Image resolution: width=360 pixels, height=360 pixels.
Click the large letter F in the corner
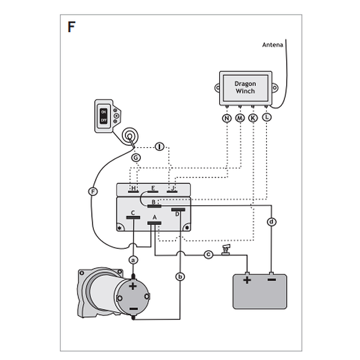pyautogui.click(x=71, y=27)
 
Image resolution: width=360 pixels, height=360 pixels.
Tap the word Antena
pyautogui.click(x=272, y=45)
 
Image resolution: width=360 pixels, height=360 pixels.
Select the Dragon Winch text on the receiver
pyautogui.click(x=245, y=88)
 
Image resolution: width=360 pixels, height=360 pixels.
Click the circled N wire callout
pyautogui.click(x=227, y=118)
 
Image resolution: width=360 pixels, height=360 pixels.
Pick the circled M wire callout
pyautogui.click(x=240, y=118)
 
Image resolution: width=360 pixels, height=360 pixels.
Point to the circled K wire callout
pyautogui.click(x=253, y=118)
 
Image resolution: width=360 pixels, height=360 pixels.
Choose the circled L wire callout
pyautogui.click(x=266, y=117)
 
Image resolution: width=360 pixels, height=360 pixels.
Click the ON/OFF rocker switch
pyautogui.click(x=104, y=116)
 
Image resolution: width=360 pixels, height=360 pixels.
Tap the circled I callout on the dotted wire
pyautogui.click(x=160, y=146)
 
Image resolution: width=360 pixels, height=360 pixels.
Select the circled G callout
pyautogui.click(x=136, y=158)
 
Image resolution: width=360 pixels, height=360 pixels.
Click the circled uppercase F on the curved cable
pyautogui.click(x=93, y=191)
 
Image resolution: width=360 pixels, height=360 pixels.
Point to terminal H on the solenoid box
pyautogui.click(x=133, y=189)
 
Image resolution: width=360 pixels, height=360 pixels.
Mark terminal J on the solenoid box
pyautogui.click(x=172, y=189)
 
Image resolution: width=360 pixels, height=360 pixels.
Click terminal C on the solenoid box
pyautogui.click(x=133, y=215)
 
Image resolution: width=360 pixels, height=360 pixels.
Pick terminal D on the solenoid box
pyautogui.click(x=178, y=212)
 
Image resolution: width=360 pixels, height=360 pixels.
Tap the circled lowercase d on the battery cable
pyautogui.click(x=272, y=222)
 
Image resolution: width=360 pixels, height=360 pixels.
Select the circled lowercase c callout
pyautogui.click(x=209, y=254)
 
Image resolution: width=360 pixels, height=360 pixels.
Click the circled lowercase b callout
pyautogui.click(x=180, y=276)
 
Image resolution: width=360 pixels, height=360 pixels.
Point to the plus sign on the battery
pyautogui.click(x=247, y=280)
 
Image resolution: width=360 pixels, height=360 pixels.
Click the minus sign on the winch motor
pyautogui.click(x=133, y=309)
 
